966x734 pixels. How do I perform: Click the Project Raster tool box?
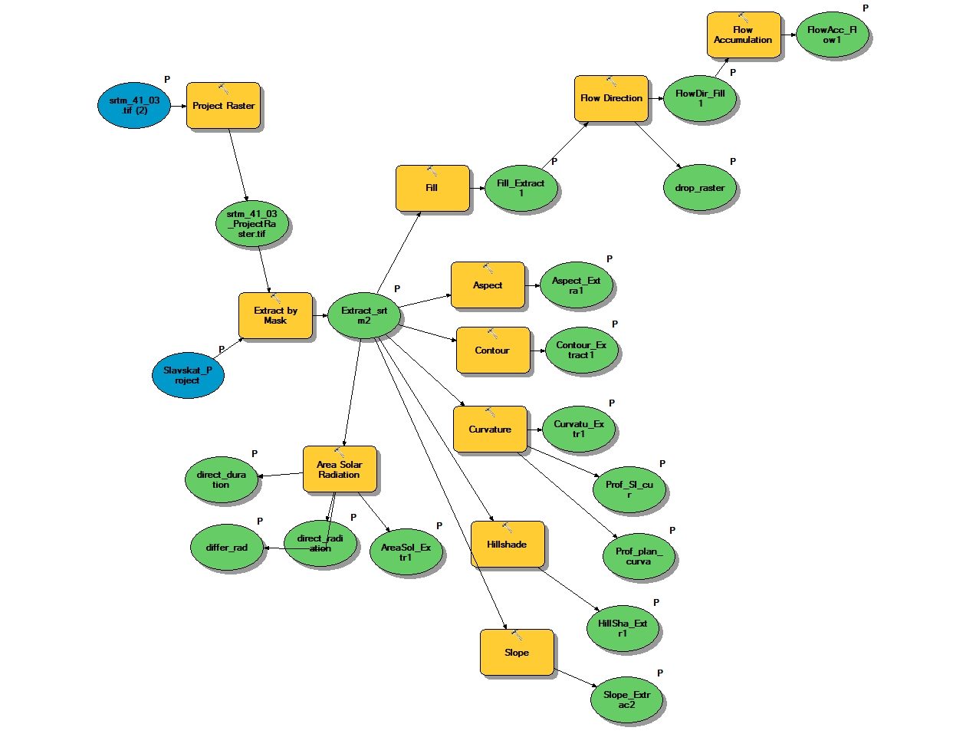223,106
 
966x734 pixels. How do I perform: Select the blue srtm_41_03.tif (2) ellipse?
134,106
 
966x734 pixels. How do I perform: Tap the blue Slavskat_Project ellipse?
187,375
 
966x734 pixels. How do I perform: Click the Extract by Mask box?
275,315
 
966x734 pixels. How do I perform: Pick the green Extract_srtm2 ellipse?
364,315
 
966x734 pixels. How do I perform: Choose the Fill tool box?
432,188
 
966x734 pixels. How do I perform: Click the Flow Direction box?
611,98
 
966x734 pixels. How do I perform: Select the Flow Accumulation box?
743,35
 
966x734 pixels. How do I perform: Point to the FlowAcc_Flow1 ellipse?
832,35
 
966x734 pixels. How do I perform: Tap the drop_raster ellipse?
700,188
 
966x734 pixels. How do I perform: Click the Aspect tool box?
488,285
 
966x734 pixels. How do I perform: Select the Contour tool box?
492,351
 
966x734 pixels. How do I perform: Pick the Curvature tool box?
490,430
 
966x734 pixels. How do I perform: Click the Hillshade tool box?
507,545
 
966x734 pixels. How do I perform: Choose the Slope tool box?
517,653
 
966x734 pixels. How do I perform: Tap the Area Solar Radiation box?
340,469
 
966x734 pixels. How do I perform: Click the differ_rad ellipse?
227,548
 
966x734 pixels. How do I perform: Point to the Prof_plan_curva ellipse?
639,556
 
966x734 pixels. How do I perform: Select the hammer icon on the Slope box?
516,634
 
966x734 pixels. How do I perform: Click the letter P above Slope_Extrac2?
660,673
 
